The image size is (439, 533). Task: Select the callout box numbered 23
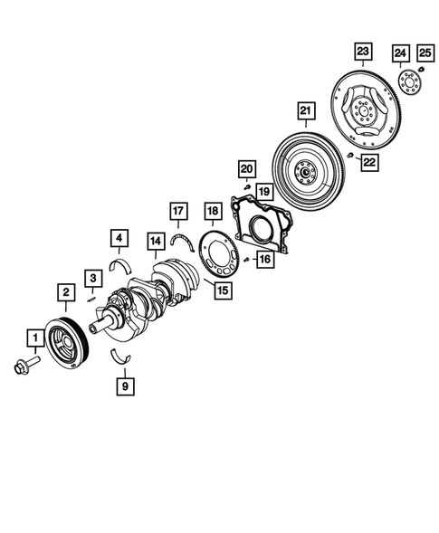pyautogui.click(x=363, y=51)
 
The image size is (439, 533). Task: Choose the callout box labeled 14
pyautogui.click(x=156, y=242)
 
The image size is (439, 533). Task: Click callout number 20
pyautogui.click(x=245, y=168)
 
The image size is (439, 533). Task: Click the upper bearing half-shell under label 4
pyautogui.click(x=119, y=263)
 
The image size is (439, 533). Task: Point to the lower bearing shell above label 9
pyautogui.click(x=121, y=354)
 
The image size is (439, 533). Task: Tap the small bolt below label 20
pyautogui.click(x=245, y=188)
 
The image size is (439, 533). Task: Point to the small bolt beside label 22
pyautogui.click(x=349, y=157)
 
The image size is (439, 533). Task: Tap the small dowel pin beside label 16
pyautogui.click(x=246, y=260)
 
